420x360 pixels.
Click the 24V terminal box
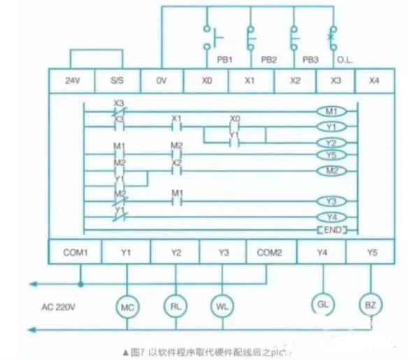coord(71,81)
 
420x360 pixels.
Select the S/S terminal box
coord(117,81)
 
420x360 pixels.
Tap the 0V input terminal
coord(161,81)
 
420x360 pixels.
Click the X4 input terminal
coord(375,81)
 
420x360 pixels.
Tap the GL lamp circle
coord(322,304)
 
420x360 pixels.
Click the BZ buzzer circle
coord(370,304)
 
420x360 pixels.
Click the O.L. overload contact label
coord(345,60)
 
